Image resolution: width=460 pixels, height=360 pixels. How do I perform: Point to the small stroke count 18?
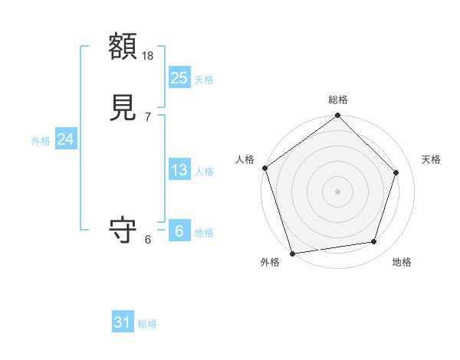point(149,56)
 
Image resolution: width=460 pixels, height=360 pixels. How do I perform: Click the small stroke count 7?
point(148,117)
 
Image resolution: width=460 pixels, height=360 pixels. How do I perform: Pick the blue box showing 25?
point(179,77)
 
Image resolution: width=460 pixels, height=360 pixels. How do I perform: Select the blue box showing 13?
point(179,170)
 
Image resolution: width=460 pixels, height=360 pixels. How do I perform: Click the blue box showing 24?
point(65,139)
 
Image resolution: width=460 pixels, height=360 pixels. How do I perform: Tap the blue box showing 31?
point(123,322)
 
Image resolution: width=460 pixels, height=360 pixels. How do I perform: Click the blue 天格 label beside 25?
point(204,80)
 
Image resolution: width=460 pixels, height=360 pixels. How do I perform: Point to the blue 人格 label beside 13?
point(204,172)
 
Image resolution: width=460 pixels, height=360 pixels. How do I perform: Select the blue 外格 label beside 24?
point(41,141)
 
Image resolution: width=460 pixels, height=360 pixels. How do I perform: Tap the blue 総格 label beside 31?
point(147,324)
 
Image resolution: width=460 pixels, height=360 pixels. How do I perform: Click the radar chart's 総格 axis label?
point(338,100)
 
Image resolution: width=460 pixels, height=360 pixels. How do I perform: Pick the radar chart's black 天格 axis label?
point(432,159)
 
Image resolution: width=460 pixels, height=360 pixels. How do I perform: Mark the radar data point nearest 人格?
point(264,168)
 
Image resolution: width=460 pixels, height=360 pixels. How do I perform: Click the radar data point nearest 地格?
point(374,242)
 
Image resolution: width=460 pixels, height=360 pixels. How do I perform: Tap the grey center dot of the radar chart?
point(338,191)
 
